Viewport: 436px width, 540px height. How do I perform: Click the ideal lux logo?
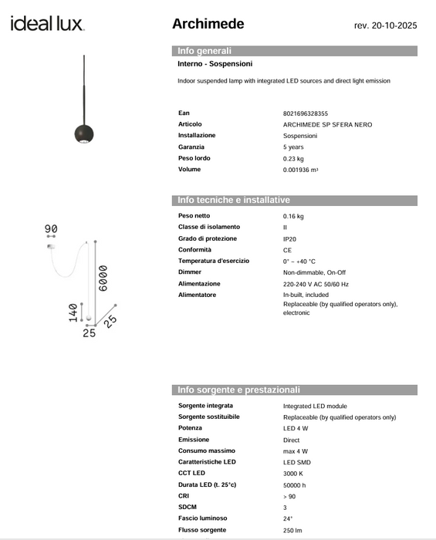47,24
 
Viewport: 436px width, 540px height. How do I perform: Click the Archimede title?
208,24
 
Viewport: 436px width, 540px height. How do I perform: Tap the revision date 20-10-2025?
385,25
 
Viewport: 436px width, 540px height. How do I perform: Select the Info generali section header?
204,51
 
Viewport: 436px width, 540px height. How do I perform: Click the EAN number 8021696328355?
306,113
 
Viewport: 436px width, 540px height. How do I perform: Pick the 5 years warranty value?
293,147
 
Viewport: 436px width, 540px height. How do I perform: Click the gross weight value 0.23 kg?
293,158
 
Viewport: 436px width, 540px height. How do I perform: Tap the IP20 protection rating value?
289,239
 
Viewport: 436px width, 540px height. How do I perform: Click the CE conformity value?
287,250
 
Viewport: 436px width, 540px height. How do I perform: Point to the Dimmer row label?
190,272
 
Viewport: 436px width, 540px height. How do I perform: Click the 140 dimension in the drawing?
73,312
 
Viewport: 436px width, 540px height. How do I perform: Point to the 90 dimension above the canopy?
52,228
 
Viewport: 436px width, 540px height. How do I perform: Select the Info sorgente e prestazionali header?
238,390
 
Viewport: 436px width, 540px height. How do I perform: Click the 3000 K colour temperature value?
294,473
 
